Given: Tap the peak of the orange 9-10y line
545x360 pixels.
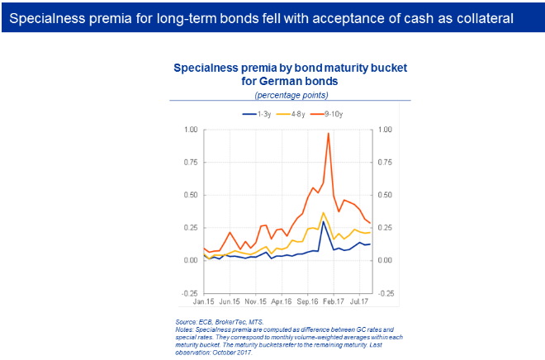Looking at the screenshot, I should [x=329, y=134].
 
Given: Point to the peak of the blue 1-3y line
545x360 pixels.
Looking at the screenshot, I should [x=324, y=220].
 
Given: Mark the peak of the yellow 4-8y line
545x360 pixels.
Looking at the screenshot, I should [x=324, y=212].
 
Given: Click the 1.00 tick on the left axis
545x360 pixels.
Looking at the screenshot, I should [x=189, y=130].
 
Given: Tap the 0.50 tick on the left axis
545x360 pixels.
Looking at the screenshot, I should [x=189, y=195].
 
